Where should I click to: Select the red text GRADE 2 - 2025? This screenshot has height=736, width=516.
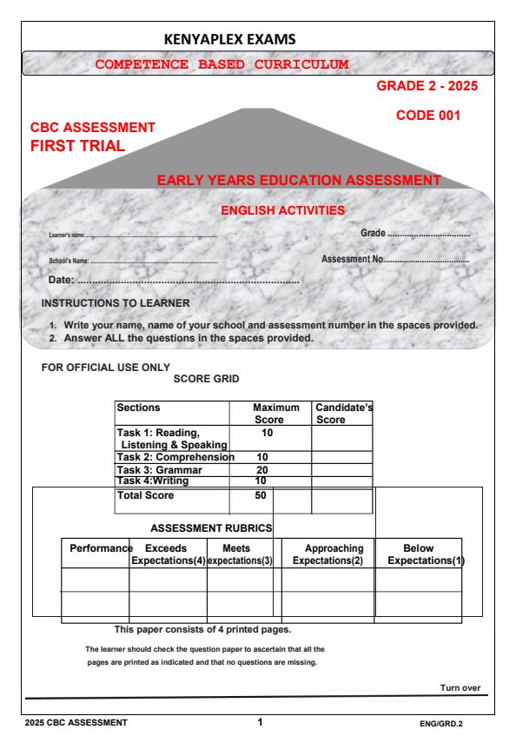pyautogui.click(x=427, y=87)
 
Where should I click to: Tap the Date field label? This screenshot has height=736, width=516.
pyautogui.click(x=59, y=280)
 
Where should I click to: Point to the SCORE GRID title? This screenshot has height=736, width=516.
pyautogui.click(x=208, y=380)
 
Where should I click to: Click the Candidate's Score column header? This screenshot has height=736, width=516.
pyautogui.click(x=341, y=413)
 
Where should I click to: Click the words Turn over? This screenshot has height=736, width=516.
pyautogui.click(x=460, y=688)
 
